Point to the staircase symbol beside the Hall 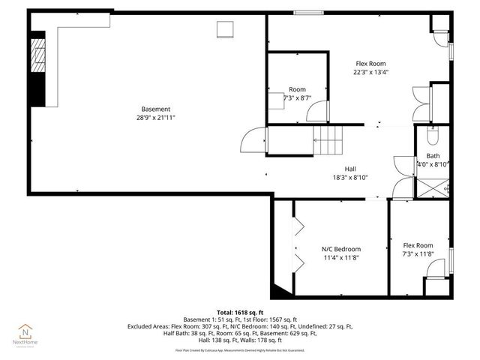point(328,138)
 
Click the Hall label point(350,169)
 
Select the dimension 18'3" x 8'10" point(350,178)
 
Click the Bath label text point(433,155)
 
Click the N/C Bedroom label point(340,249)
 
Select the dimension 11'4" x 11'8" point(340,258)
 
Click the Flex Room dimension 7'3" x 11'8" point(418,254)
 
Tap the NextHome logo point(27,333)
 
